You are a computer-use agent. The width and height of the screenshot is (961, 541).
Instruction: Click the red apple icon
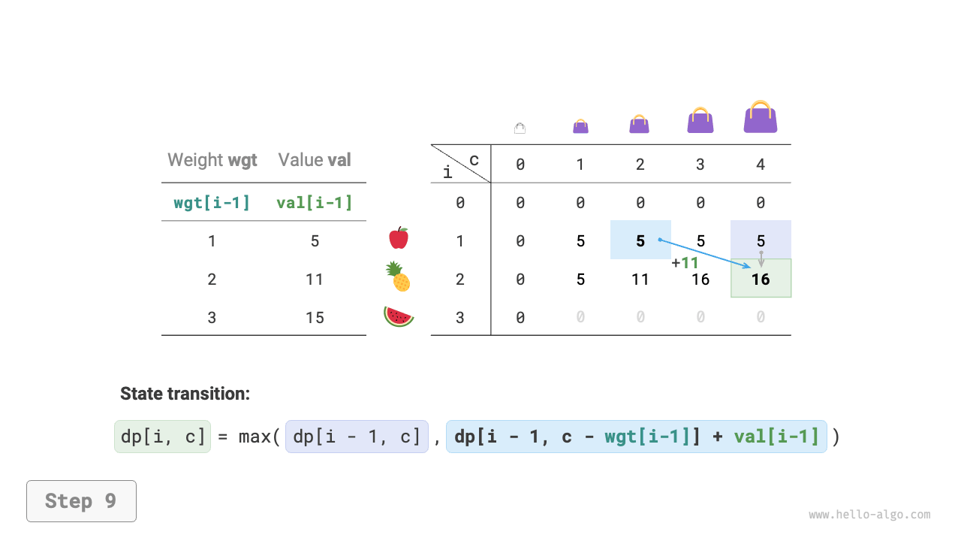tap(399, 238)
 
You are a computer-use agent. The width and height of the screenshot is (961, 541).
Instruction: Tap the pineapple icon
tap(398, 277)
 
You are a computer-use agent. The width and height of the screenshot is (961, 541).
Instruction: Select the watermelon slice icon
tap(399, 316)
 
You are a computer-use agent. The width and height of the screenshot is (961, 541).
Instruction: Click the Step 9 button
tap(81, 501)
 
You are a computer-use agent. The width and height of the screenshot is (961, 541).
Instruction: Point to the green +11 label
tap(685, 263)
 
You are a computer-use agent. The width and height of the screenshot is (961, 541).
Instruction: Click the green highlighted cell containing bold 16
tap(761, 279)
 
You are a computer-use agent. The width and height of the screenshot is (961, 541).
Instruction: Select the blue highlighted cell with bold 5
tap(640, 240)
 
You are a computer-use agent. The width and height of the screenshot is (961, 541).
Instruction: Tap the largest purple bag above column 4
tap(761, 117)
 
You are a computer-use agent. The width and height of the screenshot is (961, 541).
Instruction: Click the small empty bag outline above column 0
tap(520, 128)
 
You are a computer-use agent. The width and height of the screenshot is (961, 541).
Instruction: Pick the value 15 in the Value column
tap(315, 317)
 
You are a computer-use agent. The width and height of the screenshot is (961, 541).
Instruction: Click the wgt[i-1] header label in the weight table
tap(212, 202)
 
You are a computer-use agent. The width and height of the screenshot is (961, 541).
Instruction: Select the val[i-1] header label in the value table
tap(315, 202)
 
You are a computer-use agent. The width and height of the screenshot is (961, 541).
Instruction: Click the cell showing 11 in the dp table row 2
tap(640, 280)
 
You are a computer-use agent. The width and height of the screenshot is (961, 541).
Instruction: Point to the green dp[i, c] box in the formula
tap(163, 437)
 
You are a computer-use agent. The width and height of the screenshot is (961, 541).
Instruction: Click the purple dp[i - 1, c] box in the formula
tap(357, 437)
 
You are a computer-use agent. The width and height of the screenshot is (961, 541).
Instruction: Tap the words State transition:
tap(185, 394)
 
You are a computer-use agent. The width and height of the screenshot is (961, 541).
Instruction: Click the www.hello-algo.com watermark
tap(869, 515)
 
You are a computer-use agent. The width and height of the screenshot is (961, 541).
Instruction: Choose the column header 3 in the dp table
tap(700, 164)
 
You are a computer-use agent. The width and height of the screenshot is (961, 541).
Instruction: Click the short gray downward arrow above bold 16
tap(761, 258)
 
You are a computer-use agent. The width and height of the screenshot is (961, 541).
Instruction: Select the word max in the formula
tap(255, 437)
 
